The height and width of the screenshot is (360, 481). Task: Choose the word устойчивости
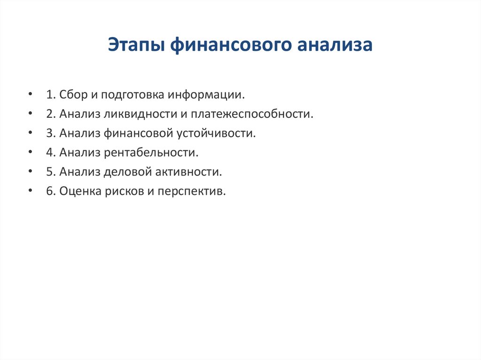pos(216,133)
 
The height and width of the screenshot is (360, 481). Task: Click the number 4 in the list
pos(49,153)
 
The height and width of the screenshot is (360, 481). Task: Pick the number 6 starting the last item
pos(49,191)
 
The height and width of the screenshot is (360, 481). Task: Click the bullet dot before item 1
pos(31,95)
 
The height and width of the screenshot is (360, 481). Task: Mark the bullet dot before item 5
pos(31,172)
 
